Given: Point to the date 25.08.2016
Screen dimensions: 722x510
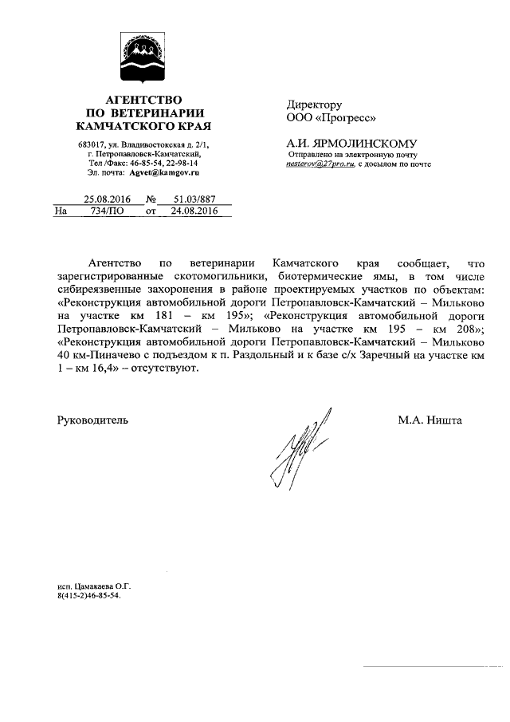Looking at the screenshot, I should click(108, 199).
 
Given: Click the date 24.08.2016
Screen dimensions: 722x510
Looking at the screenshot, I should click(189, 211).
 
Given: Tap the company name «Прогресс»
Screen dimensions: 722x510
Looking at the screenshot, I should click(345, 118).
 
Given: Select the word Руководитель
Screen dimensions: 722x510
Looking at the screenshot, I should click(92, 420).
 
